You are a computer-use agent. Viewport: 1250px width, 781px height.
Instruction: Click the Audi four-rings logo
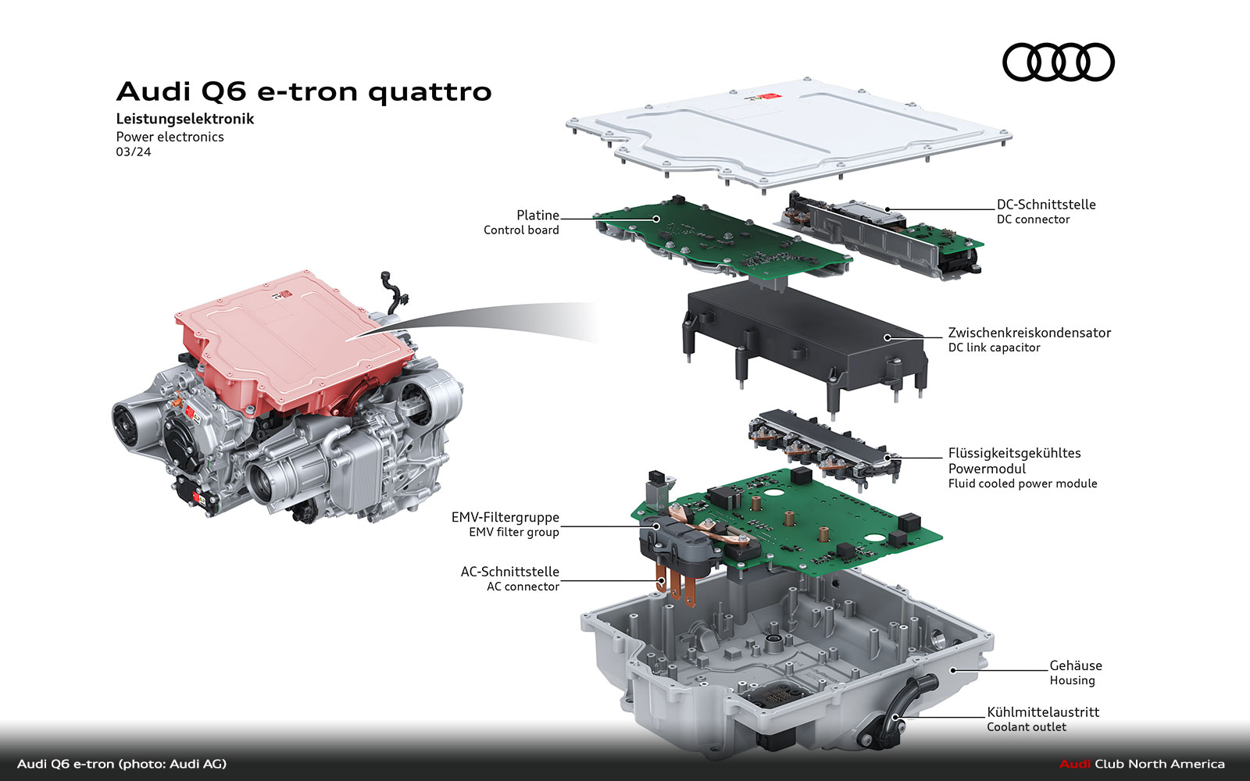1058,62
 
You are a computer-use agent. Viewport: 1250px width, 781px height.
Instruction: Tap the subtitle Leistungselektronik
184,119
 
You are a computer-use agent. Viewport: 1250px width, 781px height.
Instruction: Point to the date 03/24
134,152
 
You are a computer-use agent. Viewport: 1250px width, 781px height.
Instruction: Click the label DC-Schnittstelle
1046,205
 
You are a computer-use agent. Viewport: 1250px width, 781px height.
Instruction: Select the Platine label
537,216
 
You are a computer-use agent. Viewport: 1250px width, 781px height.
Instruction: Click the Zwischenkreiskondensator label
1030,333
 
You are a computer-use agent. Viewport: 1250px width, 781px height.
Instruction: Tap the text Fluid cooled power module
1023,483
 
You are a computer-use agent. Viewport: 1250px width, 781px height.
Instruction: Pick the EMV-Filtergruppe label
505,518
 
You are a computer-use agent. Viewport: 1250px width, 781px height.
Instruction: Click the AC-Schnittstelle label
509,572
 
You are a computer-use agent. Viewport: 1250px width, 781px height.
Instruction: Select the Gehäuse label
1075,665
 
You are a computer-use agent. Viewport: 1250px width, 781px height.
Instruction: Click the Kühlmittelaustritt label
1043,712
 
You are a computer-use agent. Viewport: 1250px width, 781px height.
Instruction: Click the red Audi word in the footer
1075,764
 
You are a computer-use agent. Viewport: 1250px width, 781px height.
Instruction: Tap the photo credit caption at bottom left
122,765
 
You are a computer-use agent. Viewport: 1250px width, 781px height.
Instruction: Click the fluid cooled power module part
823,448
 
